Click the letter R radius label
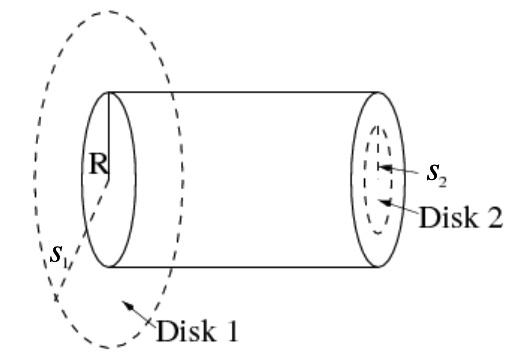tap(97, 164)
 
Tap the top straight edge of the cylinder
tap(242, 92)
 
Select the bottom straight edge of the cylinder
tap(242, 267)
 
